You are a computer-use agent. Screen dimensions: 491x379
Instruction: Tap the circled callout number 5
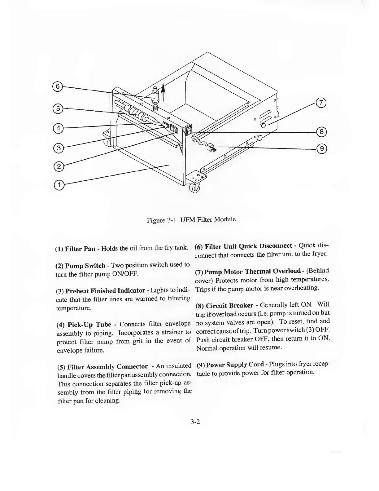coord(58,108)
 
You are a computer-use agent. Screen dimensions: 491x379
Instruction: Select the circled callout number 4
coord(58,127)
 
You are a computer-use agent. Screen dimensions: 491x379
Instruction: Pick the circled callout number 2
coord(58,167)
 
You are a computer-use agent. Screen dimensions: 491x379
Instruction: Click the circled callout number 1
coord(58,185)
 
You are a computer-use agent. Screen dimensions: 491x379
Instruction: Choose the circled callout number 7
coord(321,103)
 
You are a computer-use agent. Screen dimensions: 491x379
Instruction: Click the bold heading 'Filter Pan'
coord(80,249)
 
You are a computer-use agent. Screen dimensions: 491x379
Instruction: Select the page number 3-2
coord(196,422)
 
